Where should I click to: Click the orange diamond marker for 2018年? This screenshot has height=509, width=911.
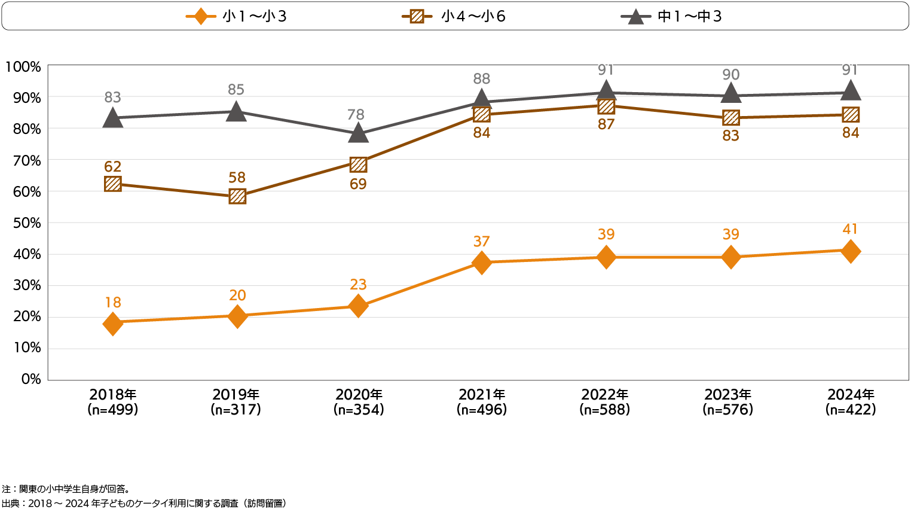coord(112,324)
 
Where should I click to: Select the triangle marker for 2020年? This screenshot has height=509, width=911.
coord(358,133)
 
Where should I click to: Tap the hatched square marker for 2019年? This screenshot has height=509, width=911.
coord(237,196)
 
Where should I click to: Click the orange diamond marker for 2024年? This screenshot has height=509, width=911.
coord(850,251)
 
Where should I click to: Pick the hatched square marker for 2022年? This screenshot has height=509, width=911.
coord(606,106)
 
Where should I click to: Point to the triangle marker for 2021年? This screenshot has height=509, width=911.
coord(482,100)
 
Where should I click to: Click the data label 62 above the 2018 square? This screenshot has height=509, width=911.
coord(112,167)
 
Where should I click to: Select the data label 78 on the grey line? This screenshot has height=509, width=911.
coord(356,114)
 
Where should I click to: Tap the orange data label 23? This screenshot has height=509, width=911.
coord(358,285)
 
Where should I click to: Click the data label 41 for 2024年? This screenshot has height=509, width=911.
coord(850,229)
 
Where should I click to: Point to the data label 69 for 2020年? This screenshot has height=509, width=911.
coord(358,184)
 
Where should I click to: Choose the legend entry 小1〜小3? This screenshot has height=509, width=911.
coord(237,16)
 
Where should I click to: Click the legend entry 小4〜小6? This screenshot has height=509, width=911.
coord(454,16)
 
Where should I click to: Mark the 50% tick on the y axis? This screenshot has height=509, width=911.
coord(27,223)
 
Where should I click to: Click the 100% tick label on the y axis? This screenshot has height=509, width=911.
coord(23,67)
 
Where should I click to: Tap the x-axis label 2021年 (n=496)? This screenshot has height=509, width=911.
coord(482,402)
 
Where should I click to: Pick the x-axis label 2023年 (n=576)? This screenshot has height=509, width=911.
coord(728,402)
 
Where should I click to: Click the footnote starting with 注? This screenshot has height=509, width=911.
coord(66,489)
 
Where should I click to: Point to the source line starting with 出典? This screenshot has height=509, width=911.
coord(144,504)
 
